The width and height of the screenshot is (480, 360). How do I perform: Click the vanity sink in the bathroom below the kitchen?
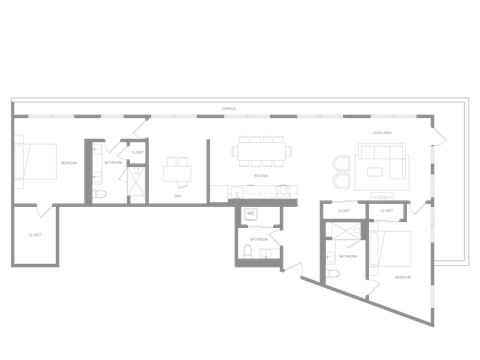click(265, 252)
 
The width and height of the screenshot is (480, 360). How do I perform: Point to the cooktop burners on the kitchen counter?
click(284, 191)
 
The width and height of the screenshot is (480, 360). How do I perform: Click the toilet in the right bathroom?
click(332, 271)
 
